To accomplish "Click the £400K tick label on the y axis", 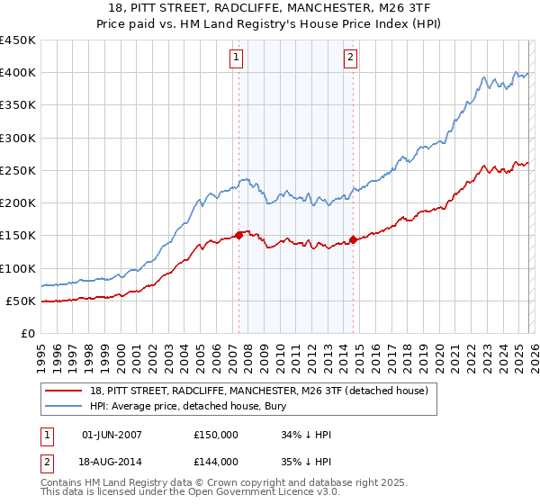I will [17, 73].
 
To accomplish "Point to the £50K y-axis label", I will [21, 301].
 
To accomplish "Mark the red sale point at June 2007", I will [238, 235].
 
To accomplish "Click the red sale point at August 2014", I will [353, 239].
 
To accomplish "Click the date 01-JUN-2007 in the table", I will [112, 435].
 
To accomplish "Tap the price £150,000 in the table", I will [215, 435].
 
